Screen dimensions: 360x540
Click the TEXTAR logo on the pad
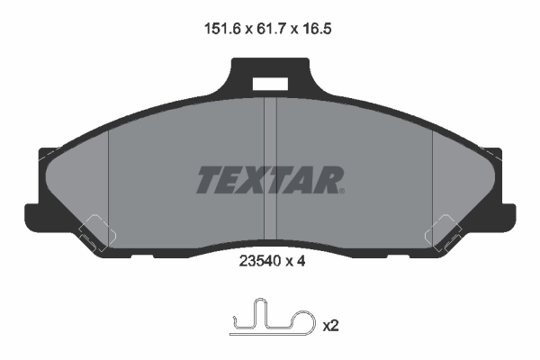(x=269, y=180)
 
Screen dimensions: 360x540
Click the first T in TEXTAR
(x=206, y=180)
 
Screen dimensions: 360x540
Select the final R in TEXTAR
(x=330, y=180)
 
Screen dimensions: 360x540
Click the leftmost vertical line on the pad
(x=108, y=180)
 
